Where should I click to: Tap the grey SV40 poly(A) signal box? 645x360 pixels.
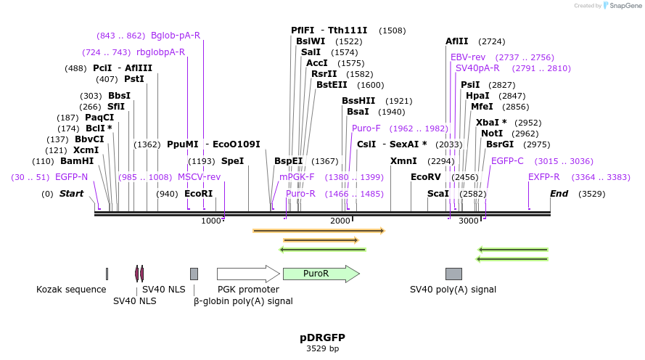[x=453, y=274]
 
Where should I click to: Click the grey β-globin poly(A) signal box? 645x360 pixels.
[x=194, y=274]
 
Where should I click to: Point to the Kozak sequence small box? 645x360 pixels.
[x=107, y=274]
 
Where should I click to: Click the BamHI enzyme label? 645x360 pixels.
[x=77, y=161]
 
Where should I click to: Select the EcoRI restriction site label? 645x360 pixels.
[x=199, y=194]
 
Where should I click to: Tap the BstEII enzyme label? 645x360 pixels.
[x=333, y=85]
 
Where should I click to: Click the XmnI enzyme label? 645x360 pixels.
[x=403, y=161]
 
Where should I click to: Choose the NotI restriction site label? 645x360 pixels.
[x=492, y=134]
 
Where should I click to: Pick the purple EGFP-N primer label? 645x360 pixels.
[x=71, y=177]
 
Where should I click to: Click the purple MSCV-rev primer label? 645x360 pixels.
[x=199, y=177]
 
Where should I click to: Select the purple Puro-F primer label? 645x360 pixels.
[x=366, y=128]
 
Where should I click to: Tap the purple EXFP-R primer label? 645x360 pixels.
[x=543, y=177]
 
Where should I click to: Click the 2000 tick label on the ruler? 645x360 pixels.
[x=340, y=221]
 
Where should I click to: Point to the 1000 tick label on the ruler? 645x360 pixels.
[x=210, y=221]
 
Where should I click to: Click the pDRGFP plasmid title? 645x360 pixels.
[x=322, y=337]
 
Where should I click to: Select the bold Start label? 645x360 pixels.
[x=71, y=194]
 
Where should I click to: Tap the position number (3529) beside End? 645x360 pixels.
[x=591, y=194]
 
